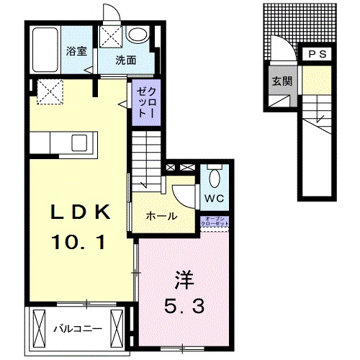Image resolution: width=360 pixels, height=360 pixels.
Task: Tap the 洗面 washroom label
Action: (126, 60)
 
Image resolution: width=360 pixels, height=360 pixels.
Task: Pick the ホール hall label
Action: (161, 215)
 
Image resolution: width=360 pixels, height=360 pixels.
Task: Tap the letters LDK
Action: (79, 213)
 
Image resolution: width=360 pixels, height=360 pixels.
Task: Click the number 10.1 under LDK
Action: (79, 243)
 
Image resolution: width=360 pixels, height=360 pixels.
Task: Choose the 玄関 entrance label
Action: (282, 80)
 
